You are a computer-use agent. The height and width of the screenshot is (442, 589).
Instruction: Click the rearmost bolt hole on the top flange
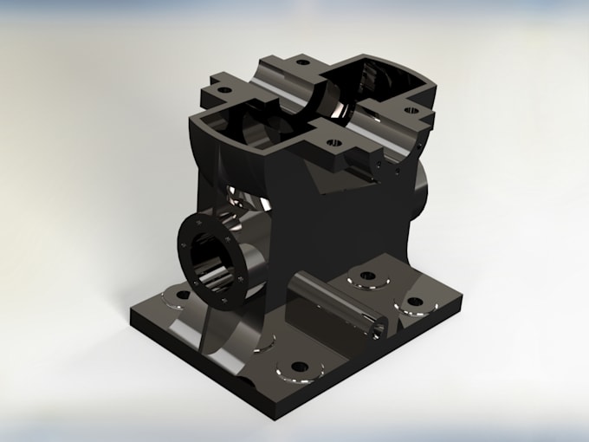click(x=301, y=62)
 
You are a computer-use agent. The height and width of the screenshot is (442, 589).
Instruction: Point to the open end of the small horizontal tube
click(x=377, y=327)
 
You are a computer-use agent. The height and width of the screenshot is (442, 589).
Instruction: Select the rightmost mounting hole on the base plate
click(x=415, y=302)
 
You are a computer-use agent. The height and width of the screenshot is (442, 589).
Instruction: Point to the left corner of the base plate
click(x=132, y=318)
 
